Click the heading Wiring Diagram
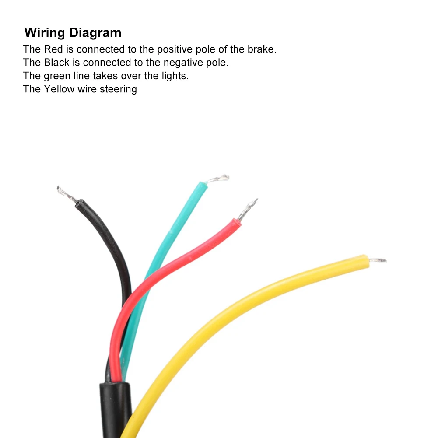coord(73,33)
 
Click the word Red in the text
coord(53,49)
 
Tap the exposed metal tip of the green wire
coord(218,179)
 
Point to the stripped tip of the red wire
coord(248,209)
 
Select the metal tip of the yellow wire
coord(377,260)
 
